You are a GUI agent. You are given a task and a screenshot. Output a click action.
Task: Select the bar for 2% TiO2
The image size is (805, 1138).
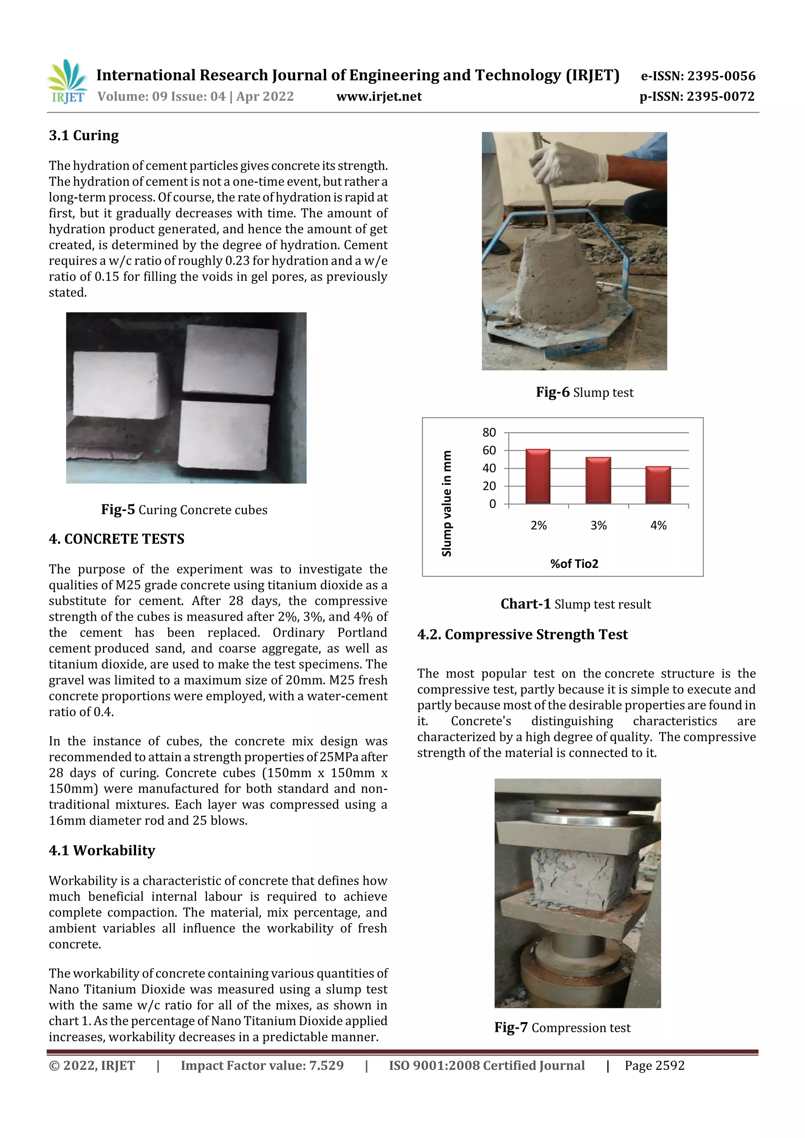pyautogui.click(x=538, y=476)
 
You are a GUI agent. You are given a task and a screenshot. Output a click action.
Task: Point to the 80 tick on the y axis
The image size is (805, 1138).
pyautogui.click(x=489, y=433)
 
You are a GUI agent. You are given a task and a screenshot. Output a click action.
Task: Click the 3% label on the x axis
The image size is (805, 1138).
pyautogui.click(x=598, y=525)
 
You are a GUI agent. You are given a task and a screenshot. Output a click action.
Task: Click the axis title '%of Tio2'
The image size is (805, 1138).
pyautogui.click(x=574, y=564)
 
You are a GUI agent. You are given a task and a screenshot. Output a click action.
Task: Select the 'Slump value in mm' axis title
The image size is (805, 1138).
pyautogui.click(x=447, y=503)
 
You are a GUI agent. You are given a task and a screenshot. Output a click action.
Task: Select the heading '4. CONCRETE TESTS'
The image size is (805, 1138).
pyautogui.click(x=117, y=539)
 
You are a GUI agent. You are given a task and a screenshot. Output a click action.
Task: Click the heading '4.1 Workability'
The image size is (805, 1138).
pyautogui.click(x=102, y=850)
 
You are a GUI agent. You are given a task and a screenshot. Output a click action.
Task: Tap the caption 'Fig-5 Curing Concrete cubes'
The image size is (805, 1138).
pyautogui.click(x=184, y=509)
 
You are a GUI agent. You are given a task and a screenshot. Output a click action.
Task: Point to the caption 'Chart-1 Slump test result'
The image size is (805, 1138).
pyautogui.click(x=575, y=604)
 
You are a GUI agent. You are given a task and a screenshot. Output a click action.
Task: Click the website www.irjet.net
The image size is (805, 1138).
pyautogui.click(x=379, y=96)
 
